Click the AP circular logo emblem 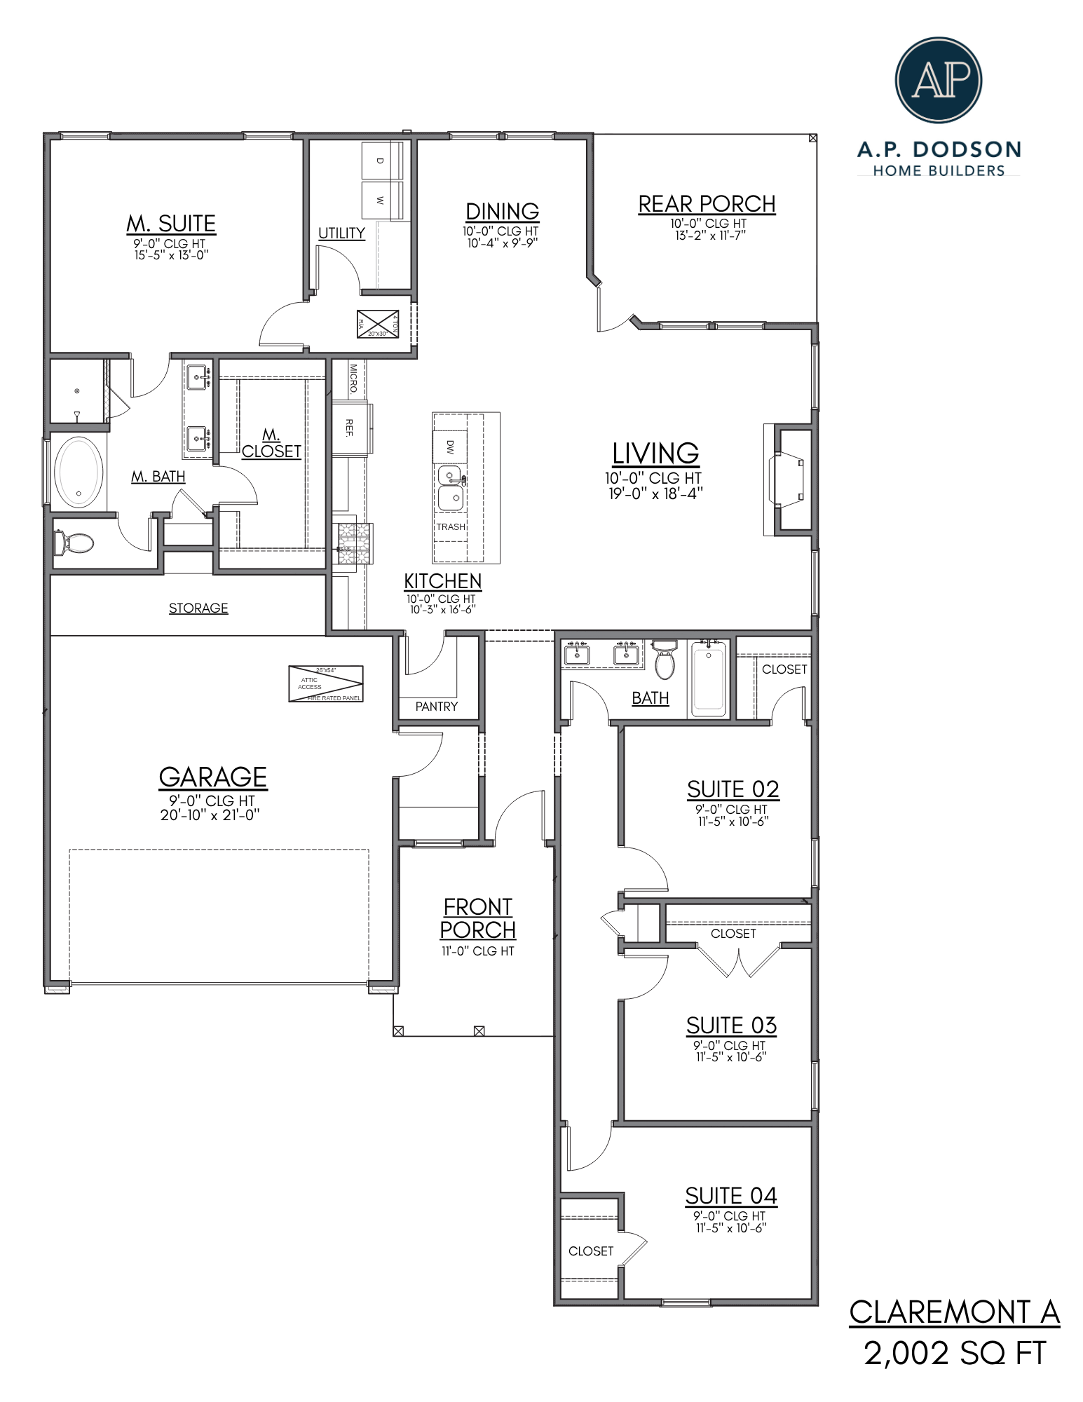click(938, 80)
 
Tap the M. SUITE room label click(171, 224)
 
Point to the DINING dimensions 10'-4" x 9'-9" click(502, 243)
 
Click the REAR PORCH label click(707, 204)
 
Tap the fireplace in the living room click(788, 480)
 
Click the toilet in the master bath click(73, 542)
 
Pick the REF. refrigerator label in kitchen click(349, 428)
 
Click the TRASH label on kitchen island click(451, 527)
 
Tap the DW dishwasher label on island click(450, 447)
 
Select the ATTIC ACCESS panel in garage click(326, 683)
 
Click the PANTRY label click(436, 707)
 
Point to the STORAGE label click(198, 608)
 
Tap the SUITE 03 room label click(731, 1026)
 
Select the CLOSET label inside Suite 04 click(591, 1251)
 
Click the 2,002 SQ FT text click(954, 1353)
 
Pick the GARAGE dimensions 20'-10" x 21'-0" click(210, 815)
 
